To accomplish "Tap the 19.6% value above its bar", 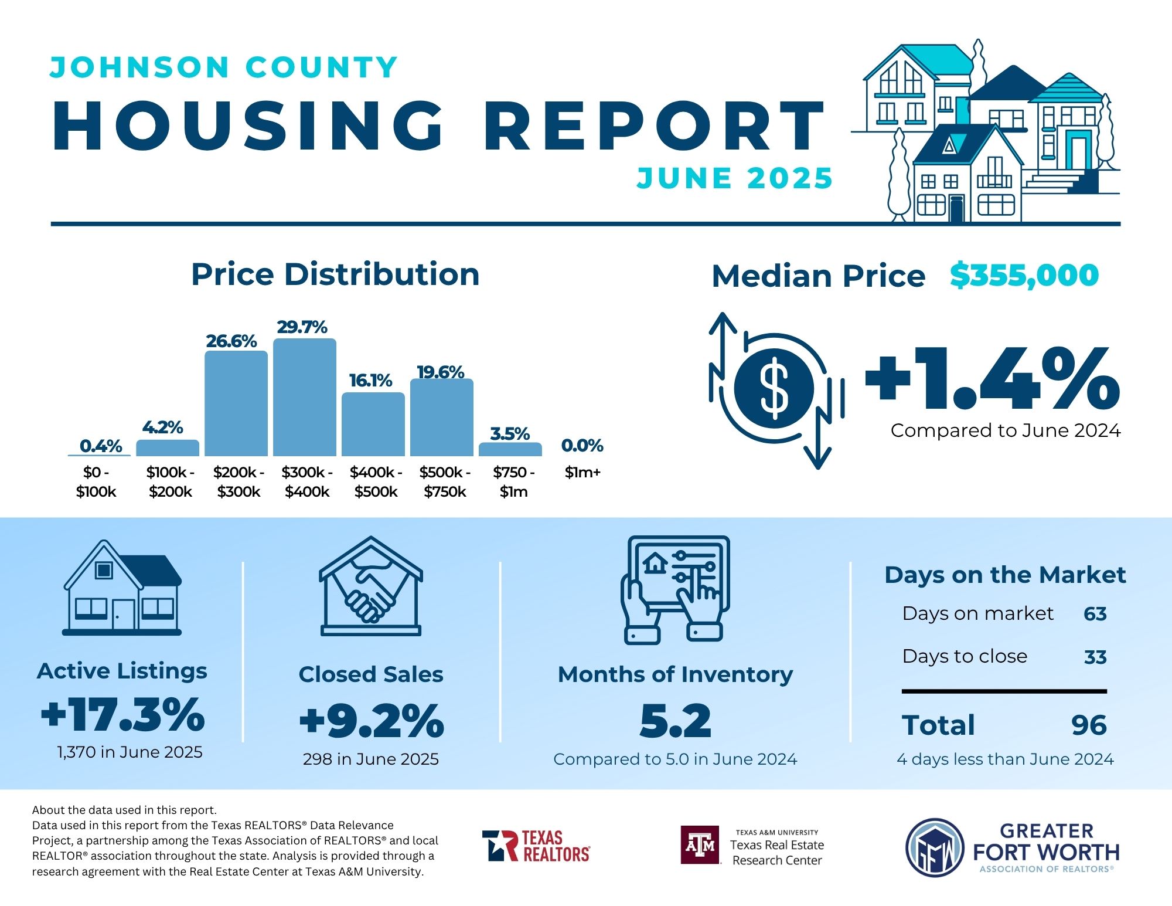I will (x=441, y=372).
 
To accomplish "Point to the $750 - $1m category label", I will (x=513, y=481).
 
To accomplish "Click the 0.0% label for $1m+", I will (x=582, y=446).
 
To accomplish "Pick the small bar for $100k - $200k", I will (x=168, y=448).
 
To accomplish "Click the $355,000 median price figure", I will (x=1024, y=275).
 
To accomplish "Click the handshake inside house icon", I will (x=370, y=586).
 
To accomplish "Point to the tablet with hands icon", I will (x=676, y=589).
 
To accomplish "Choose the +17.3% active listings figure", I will (x=123, y=715).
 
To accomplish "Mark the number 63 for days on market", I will (x=1095, y=614).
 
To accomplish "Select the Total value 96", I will (x=1089, y=725).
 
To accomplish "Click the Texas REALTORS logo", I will (x=536, y=846).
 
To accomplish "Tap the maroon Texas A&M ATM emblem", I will (x=700, y=845).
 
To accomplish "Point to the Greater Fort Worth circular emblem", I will (x=935, y=848).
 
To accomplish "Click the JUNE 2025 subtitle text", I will (x=735, y=178).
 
